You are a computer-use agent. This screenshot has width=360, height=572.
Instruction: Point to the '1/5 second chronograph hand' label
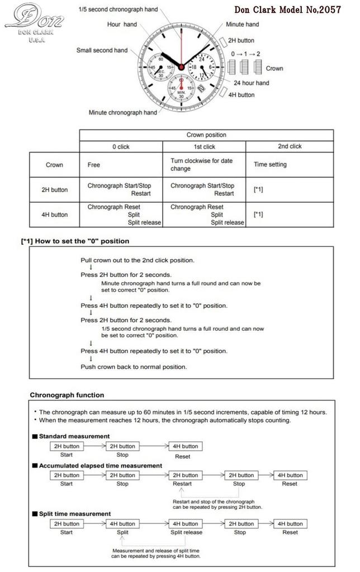pyautogui.click(x=118, y=9)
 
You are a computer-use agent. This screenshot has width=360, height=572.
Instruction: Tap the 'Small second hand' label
pyautogui.click(x=102, y=50)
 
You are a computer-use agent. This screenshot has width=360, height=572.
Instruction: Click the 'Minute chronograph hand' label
pyautogui.click(x=122, y=112)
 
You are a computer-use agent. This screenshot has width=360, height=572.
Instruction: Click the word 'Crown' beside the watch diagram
pyautogui.click(x=274, y=68)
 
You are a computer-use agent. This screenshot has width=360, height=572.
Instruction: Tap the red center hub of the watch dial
pyautogui.click(x=181, y=68)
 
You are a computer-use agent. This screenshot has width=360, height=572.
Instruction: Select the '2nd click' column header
pyautogui.click(x=289, y=146)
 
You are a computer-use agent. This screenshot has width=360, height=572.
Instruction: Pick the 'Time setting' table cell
pyautogui.click(x=270, y=165)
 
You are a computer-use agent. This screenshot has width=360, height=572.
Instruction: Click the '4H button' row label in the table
pyautogui.click(x=55, y=214)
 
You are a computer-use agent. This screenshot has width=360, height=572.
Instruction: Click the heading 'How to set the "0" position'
pyautogui.click(x=75, y=241)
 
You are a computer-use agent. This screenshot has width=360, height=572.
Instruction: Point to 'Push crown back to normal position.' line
pyautogui.click(x=134, y=367)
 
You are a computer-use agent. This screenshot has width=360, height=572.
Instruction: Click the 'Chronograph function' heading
pyautogui.click(x=67, y=395)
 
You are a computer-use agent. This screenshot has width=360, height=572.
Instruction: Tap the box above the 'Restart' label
pyautogui.click(x=185, y=475)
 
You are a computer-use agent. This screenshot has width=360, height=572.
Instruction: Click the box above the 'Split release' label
pyautogui.click(x=185, y=524)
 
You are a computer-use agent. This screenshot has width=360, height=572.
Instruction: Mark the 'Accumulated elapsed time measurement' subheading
pyautogui.click(x=100, y=465)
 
